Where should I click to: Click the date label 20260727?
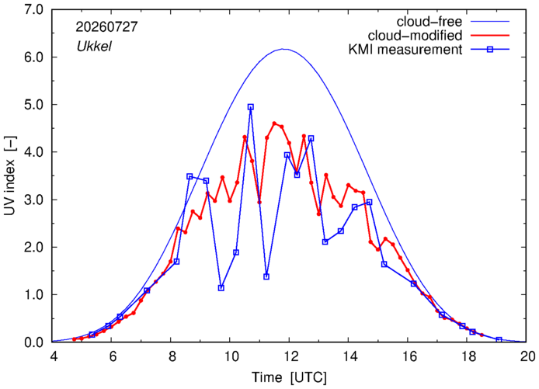[x=106, y=27]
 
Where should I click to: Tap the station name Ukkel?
[x=94, y=47]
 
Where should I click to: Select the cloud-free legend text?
[x=429, y=22]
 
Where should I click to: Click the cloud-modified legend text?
[x=415, y=36]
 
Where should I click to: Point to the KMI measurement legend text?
[x=405, y=50]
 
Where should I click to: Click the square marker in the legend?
[x=490, y=50]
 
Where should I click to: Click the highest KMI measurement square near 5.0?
[x=251, y=107]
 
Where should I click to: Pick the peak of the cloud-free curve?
[x=283, y=49]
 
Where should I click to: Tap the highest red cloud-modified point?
[x=274, y=123]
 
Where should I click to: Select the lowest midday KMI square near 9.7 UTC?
[x=221, y=288]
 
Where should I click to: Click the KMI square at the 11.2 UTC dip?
[x=266, y=276]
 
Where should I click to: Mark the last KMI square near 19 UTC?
[x=499, y=340]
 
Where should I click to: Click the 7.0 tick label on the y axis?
[x=33, y=9]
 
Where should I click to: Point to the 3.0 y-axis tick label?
[x=33, y=200]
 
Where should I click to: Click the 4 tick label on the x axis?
[x=53, y=356]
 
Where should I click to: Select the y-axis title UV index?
[x=10, y=175]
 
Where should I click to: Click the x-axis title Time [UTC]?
[x=289, y=377]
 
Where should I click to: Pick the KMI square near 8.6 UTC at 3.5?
[x=190, y=176]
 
